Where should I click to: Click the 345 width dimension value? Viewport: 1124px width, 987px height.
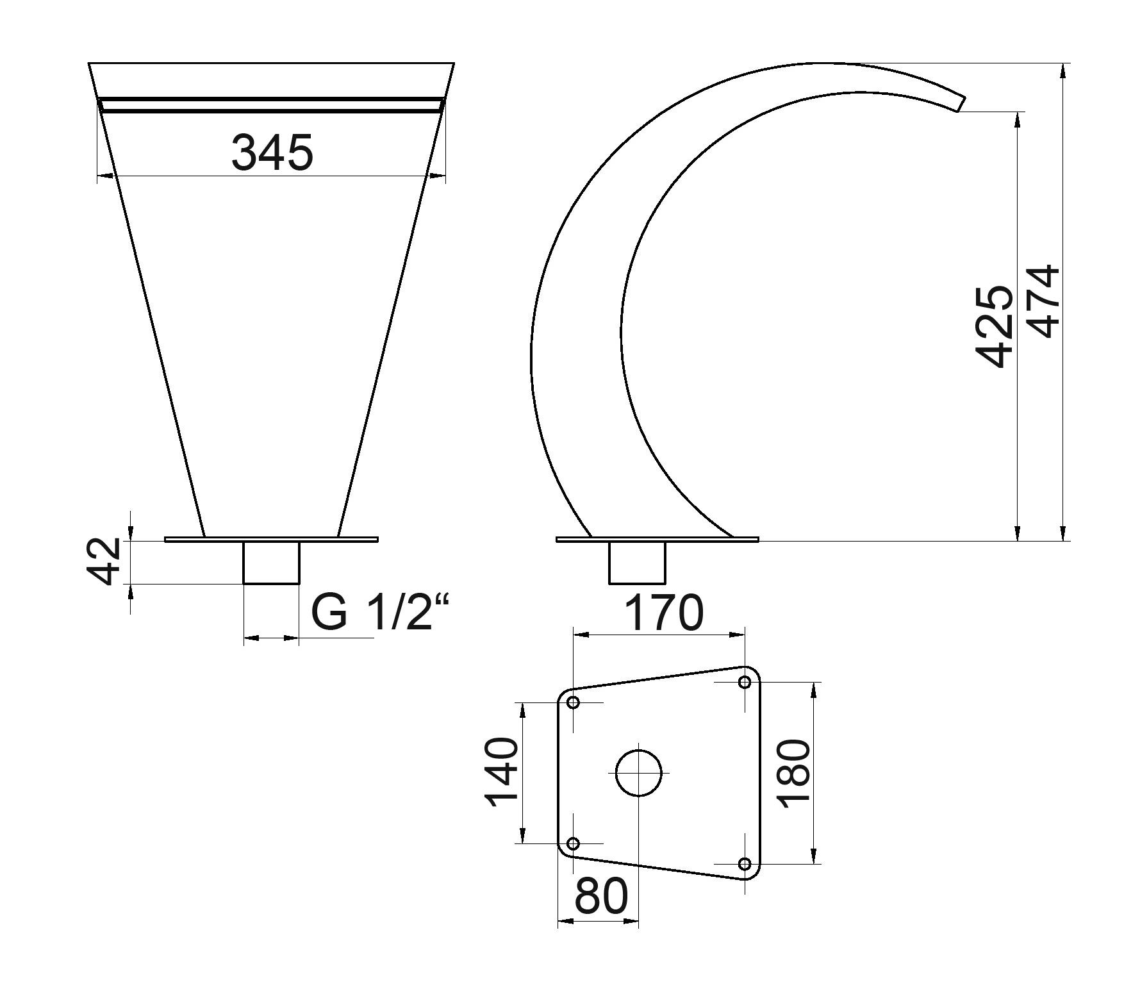[x=272, y=153]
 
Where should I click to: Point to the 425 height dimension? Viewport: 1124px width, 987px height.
[x=993, y=326]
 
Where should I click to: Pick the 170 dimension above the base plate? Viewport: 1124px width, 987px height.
[x=663, y=613]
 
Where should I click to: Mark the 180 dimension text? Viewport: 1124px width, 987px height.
[x=795, y=774]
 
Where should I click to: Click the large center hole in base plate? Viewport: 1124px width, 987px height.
[x=638, y=773]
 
